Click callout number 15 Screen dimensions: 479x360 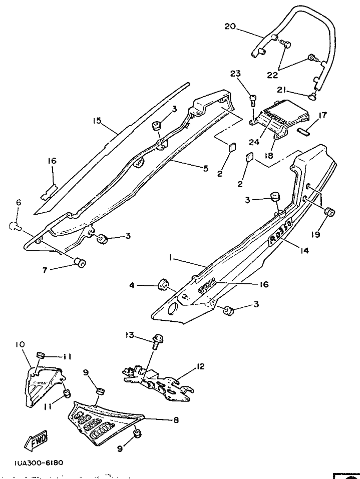click(97, 120)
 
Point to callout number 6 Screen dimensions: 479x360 click(19, 202)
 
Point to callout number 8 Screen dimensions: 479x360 click(176, 420)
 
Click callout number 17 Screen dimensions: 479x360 click(322, 116)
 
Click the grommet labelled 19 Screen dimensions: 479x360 click(330, 213)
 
